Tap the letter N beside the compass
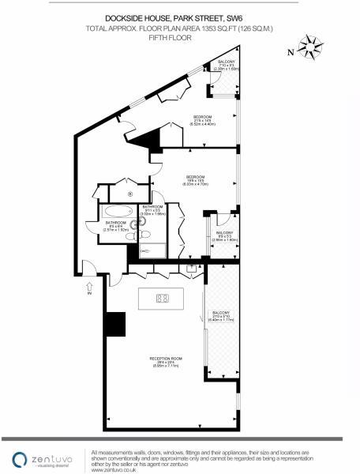[x=290, y=52]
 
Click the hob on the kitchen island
[x=161, y=299]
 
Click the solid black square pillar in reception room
[x=115, y=324]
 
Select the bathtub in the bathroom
[x=115, y=211]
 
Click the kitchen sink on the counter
[x=192, y=269]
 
